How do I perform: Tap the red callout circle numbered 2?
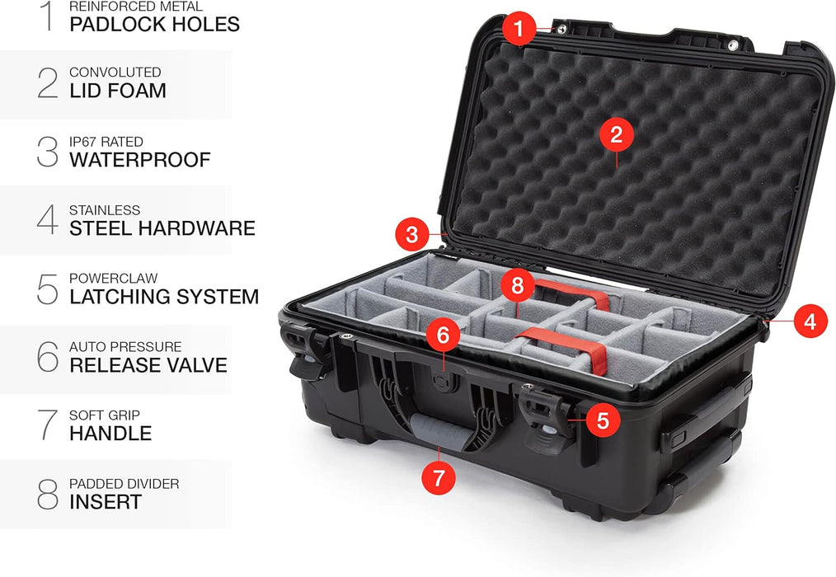coord(617,134)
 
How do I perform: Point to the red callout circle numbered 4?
coord(810,321)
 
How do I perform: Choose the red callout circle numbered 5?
coord(603,420)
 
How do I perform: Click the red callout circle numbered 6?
coord(443,335)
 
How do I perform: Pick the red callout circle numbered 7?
coord(439,477)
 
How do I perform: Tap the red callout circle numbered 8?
coord(518,286)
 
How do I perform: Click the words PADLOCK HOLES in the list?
coord(155,24)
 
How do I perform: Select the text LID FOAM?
coord(118,91)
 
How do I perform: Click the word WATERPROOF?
coord(140,159)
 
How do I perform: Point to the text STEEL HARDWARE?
coord(162,228)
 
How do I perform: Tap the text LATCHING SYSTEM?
coord(164,297)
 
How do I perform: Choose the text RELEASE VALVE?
coord(148,365)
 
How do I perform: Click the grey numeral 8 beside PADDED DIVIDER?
coord(48,494)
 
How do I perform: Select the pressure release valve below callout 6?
coord(442,381)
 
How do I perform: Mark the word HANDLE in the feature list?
coord(110,434)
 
